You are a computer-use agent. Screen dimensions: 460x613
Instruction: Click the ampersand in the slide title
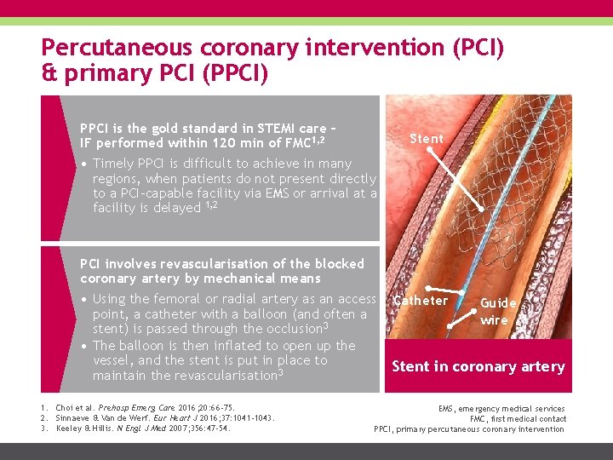pyautogui.click(x=47, y=74)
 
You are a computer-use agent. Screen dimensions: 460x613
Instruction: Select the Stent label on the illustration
pyautogui.click(x=427, y=138)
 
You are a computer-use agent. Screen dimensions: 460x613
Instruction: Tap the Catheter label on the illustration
pyautogui.click(x=421, y=301)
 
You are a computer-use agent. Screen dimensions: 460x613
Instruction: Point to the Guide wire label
pyautogui.click(x=498, y=311)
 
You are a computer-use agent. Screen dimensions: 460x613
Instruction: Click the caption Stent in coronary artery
pyautogui.click(x=478, y=366)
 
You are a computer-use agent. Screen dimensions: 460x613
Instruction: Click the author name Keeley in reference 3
pyautogui.click(x=72, y=428)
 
